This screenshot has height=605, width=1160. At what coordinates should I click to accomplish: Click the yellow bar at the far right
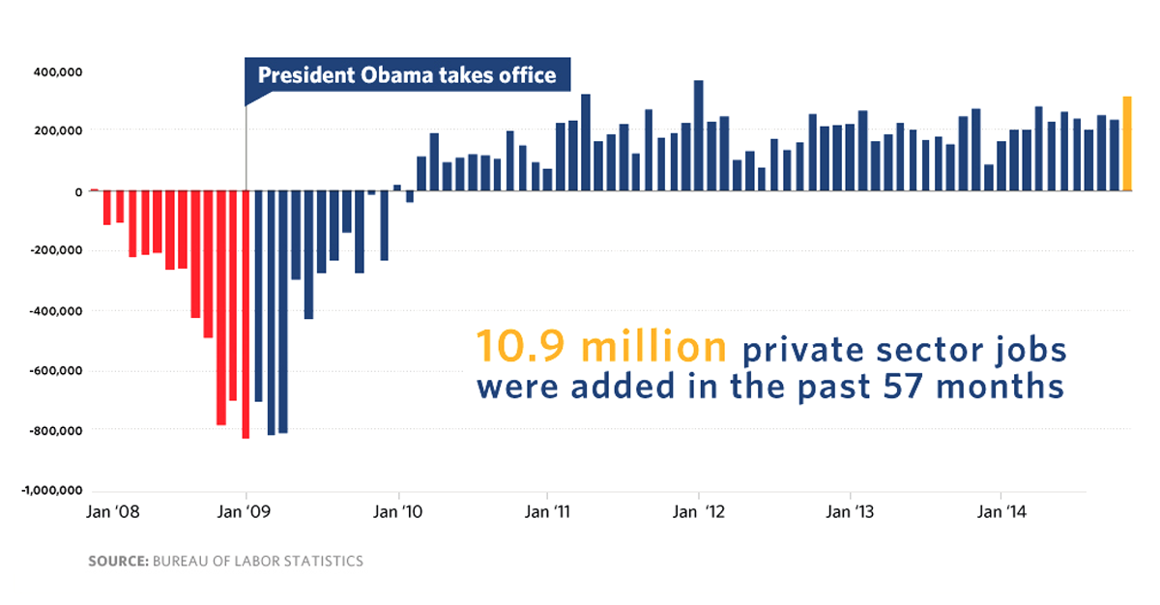tap(1126, 144)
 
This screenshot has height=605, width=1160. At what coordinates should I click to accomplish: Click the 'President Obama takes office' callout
tap(407, 74)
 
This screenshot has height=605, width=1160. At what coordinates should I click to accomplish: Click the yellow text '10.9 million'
tap(600, 348)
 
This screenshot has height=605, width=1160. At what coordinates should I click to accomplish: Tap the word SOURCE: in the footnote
tap(118, 562)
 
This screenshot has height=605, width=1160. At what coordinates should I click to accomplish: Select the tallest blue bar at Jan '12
tap(698, 135)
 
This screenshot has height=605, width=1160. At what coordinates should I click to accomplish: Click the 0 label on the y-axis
tap(77, 191)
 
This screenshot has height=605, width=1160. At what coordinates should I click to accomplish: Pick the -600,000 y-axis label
tap(59, 371)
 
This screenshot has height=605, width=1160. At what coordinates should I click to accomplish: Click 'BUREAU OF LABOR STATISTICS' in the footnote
tap(258, 562)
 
